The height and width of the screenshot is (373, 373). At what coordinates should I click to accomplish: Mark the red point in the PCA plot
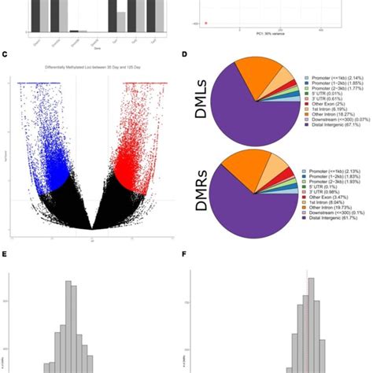point(205,24)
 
